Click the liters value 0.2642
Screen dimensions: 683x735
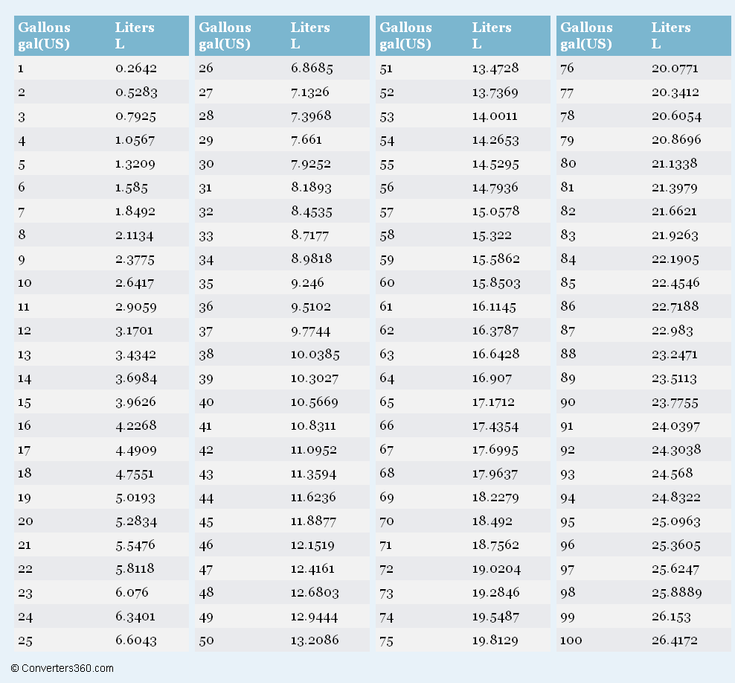point(135,69)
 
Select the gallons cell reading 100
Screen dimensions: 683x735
point(571,641)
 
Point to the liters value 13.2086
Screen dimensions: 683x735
point(314,641)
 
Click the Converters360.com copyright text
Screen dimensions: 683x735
point(62,668)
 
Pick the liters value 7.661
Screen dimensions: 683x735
point(306,140)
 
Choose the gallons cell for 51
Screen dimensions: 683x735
point(387,69)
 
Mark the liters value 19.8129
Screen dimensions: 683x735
point(495,641)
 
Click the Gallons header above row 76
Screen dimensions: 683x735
point(586,35)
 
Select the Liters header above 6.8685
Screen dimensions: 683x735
point(309,35)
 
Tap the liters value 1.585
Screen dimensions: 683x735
point(131,188)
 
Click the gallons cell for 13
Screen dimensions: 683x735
point(25,355)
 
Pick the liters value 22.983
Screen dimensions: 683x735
point(672,331)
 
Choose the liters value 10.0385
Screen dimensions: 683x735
point(314,355)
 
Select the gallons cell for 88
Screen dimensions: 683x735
point(568,355)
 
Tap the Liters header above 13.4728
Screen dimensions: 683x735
point(491,35)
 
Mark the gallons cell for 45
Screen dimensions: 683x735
point(206,521)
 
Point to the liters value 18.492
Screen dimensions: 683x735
point(491,521)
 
